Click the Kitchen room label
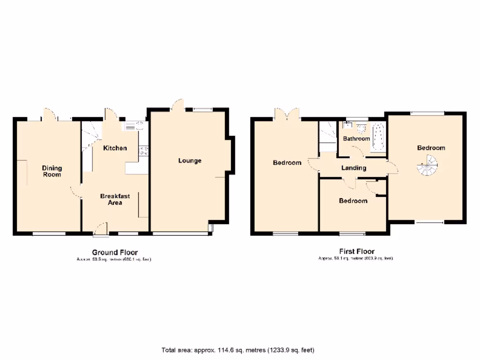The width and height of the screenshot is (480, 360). click(115, 148)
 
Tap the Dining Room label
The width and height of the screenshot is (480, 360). click(52, 171)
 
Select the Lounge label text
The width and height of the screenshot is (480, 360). click(190, 161)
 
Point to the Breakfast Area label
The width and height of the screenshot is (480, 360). click(115, 199)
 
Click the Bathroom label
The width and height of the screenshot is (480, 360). click(357, 139)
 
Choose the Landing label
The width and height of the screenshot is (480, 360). click(353, 168)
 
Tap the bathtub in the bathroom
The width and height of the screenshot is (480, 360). click(377, 137)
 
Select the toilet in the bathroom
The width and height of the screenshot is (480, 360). click(360, 127)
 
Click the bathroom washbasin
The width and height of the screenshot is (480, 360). click(348, 125)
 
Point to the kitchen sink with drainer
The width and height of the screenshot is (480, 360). click(135, 125)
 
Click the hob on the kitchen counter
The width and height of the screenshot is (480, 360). click(143, 150)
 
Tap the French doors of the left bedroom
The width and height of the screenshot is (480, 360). click(287, 114)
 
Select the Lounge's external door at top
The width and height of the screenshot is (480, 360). click(178, 105)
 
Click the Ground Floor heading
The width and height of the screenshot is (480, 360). click(115, 252)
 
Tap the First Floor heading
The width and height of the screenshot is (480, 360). click(356, 251)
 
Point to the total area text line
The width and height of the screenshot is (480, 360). click(238, 350)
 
